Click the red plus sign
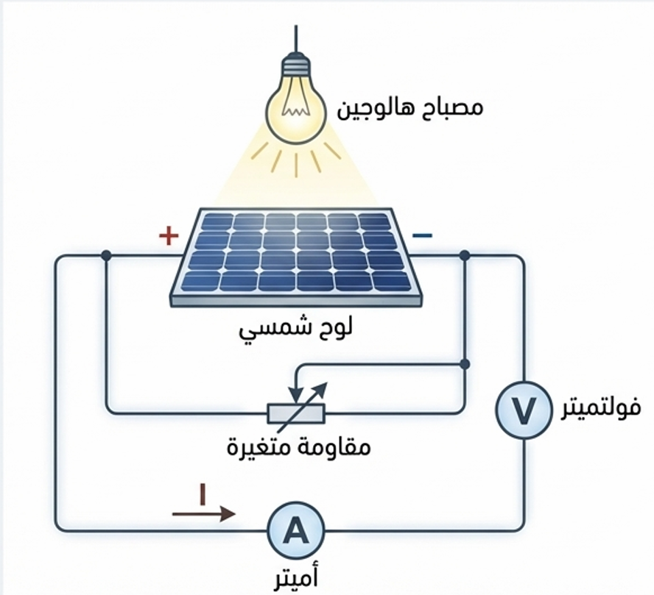tap(169, 236)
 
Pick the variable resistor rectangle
tap(295, 413)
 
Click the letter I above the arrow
tap(201, 494)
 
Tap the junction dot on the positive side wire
tap(106, 255)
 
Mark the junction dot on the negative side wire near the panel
tap(465, 255)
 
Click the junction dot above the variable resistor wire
tap(464, 364)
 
